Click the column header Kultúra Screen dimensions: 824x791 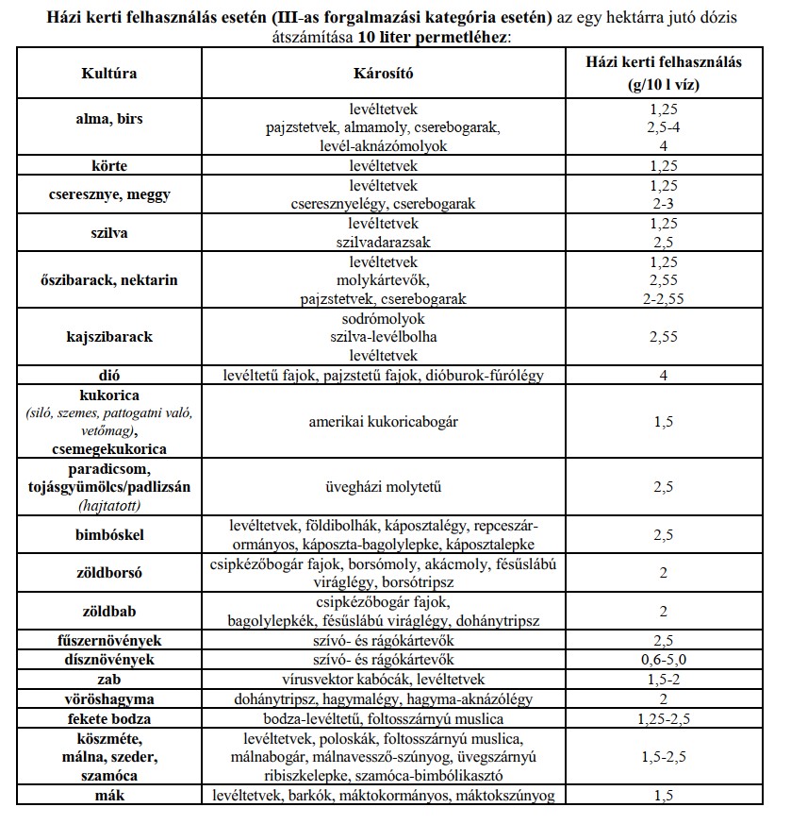[111, 73]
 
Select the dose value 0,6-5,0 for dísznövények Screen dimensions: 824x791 [664, 660]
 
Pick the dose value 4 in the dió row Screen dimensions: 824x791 [664, 376]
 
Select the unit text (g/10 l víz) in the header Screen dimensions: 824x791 [664, 83]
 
